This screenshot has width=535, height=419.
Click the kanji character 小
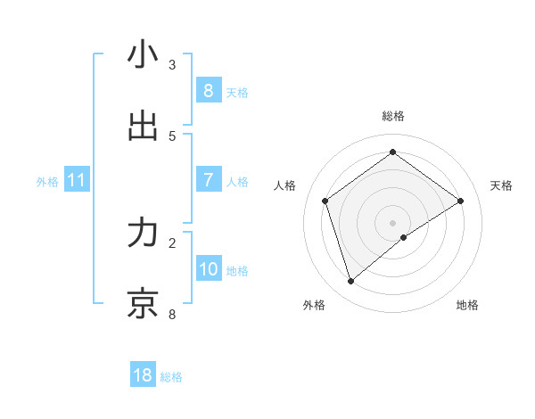click(x=143, y=55)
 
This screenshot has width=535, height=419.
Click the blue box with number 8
click(x=208, y=91)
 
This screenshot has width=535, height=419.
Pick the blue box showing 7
click(x=208, y=181)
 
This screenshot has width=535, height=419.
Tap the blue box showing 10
click(x=208, y=270)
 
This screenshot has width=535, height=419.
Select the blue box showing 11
click(x=77, y=181)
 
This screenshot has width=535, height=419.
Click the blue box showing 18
click(x=143, y=375)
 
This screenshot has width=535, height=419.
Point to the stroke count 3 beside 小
click(x=172, y=64)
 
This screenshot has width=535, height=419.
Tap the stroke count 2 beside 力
click(x=172, y=242)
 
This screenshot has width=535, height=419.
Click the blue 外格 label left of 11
click(x=47, y=182)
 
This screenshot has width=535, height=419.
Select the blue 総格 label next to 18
click(x=171, y=377)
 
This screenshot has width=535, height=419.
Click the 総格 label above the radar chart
click(x=393, y=116)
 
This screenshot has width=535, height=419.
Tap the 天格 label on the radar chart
click(x=501, y=185)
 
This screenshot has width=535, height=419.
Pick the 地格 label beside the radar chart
click(x=467, y=305)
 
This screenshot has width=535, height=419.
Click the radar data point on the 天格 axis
click(x=460, y=201)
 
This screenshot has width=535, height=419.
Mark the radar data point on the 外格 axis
click(x=351, y=282)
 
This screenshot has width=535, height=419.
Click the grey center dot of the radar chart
click(x=393, y=222)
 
